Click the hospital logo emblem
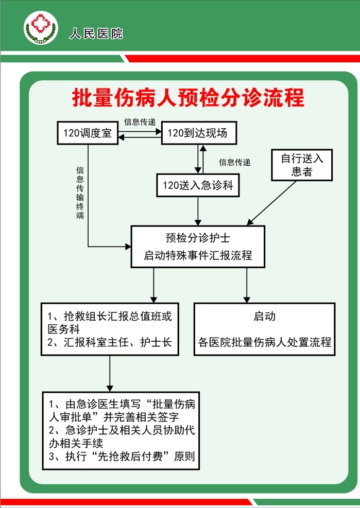(41, 28)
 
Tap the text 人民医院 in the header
(96, 33)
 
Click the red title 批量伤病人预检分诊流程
(188, 97)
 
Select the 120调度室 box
(88, 133)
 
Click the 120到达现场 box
(199, 133)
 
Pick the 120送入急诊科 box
(198, 185)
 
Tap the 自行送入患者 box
(302, 165)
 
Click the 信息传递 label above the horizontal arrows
(140, 122)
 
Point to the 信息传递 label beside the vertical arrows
(235, 162)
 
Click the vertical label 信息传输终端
(80, 192)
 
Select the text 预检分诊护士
(198, 238)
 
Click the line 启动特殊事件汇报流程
(198, 255)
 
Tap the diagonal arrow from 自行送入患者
(272, 202)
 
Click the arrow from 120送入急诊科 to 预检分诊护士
(198, 211)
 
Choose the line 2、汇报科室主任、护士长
(110, 342)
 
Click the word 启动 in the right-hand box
(264, 316)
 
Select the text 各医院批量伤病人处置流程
(264, 342)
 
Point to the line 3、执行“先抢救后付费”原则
(122, 456)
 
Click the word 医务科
(63, 329)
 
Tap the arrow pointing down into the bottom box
(110, 374)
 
